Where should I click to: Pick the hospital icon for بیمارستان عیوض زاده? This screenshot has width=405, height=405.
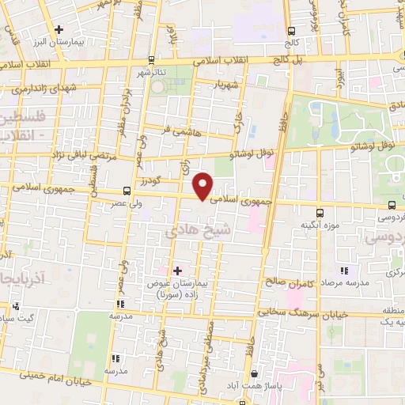(x=177, y=271)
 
